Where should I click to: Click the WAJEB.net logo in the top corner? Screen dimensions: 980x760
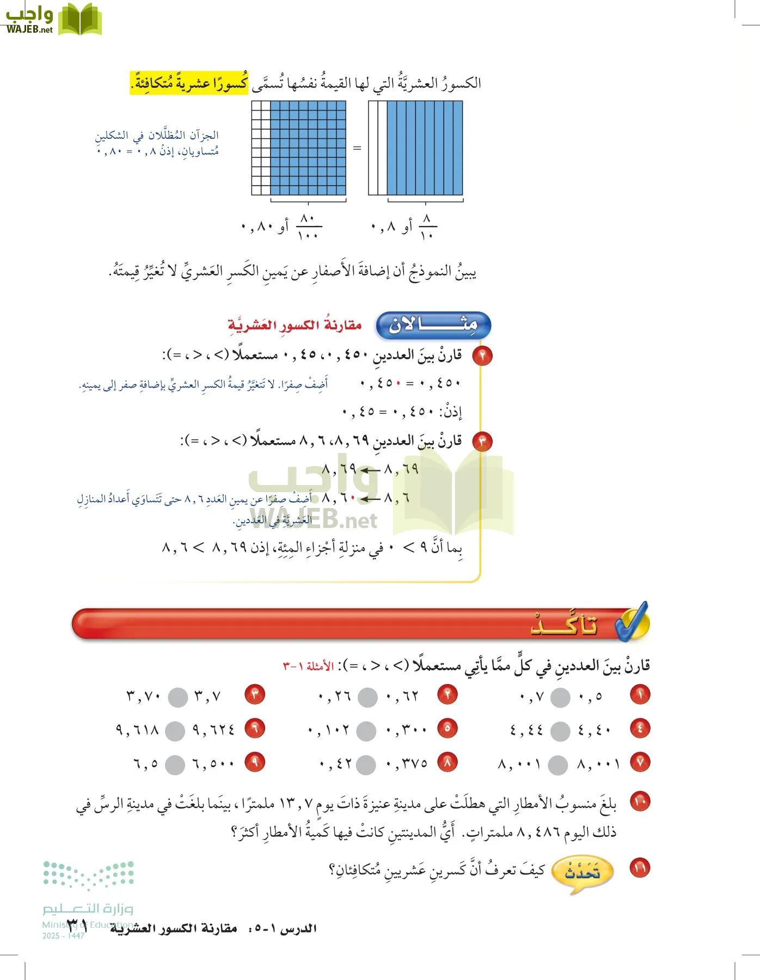53,20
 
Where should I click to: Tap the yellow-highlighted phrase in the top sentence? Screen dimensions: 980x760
189,83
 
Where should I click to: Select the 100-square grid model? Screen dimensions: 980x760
299,148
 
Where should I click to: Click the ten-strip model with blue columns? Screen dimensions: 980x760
415,148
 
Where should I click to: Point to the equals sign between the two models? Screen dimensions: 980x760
357,148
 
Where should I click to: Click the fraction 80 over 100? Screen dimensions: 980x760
308,226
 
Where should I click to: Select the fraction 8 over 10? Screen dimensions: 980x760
427,226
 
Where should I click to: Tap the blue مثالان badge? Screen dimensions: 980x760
433,325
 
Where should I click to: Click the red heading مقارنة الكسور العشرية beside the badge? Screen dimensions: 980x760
295,326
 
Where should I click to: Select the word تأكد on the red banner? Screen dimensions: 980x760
564,625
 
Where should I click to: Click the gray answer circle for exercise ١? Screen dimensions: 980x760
560,697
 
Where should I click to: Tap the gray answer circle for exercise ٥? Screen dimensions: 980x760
366,731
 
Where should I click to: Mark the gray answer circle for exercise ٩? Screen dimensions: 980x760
175,765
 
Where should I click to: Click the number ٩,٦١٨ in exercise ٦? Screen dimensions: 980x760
137,730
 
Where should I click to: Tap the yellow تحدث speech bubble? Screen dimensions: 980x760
581,872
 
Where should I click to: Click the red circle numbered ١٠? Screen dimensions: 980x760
640,801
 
